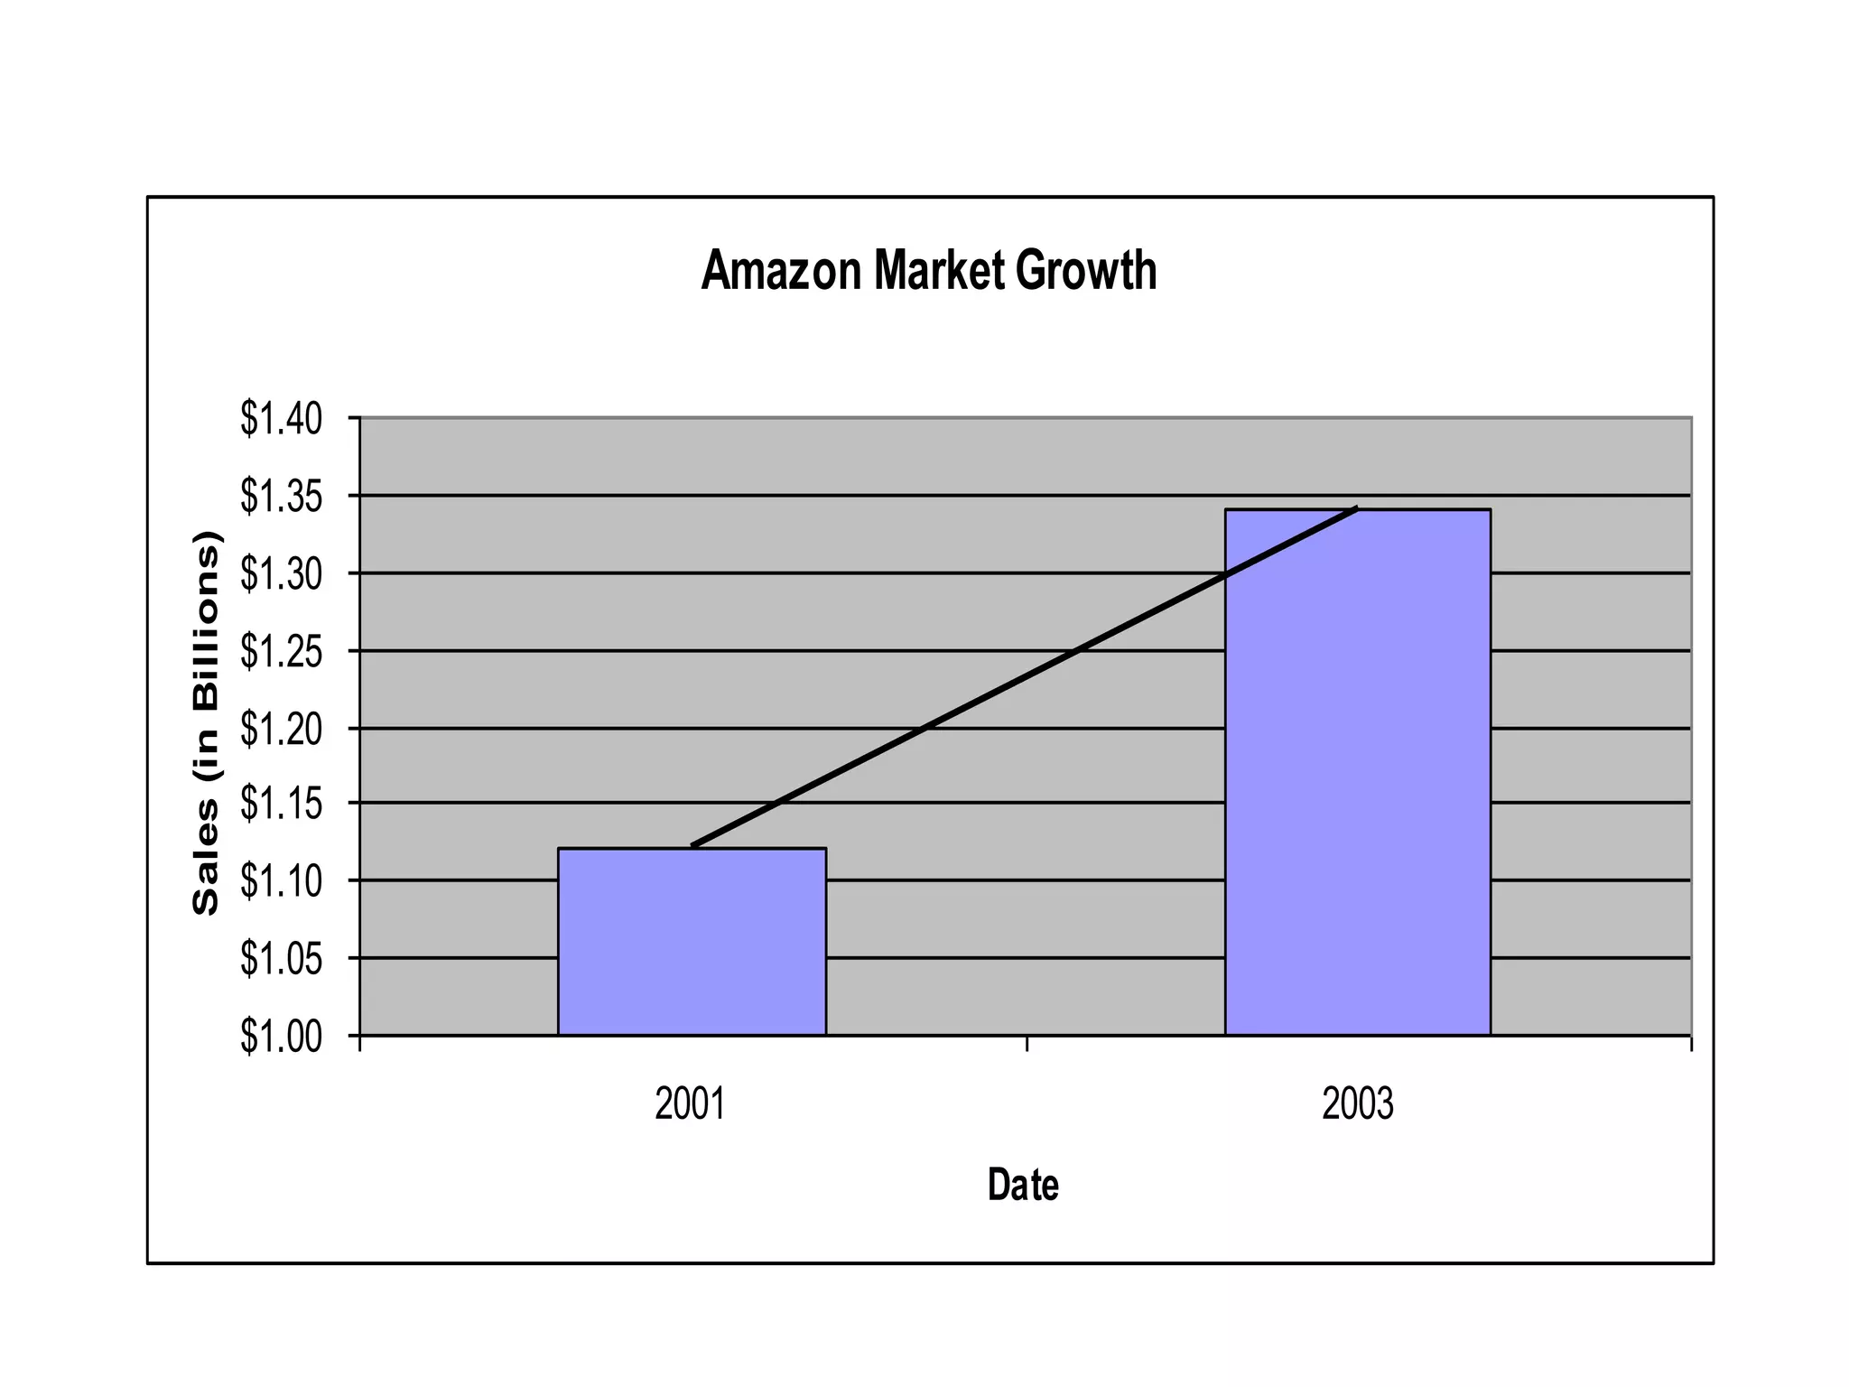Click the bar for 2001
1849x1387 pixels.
(692, 941)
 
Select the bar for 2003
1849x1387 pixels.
(1357, 772)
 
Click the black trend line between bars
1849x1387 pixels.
(1024, 676)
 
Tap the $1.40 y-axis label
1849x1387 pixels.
(281, 419)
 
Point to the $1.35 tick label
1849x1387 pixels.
(281, 497)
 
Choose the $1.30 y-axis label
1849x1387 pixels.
(281, 574)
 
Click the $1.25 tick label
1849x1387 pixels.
(281, 651)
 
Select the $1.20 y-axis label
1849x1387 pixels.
(281, 729)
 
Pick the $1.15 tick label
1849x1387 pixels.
(281, 804)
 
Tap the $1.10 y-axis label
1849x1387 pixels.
(281, 881)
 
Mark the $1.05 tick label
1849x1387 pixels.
(281, 958)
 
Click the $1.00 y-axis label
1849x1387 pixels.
(281, 1037)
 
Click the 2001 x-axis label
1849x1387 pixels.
(690, 1103)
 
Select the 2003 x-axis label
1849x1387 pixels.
(1357, 1103)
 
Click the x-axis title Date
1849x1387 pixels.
(1023, 1184)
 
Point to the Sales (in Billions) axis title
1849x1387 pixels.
(206, 722)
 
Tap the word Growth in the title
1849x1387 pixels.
(1086, 270)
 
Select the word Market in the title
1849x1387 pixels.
(938, 270)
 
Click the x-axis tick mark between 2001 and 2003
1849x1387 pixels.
(1027, 1045)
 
